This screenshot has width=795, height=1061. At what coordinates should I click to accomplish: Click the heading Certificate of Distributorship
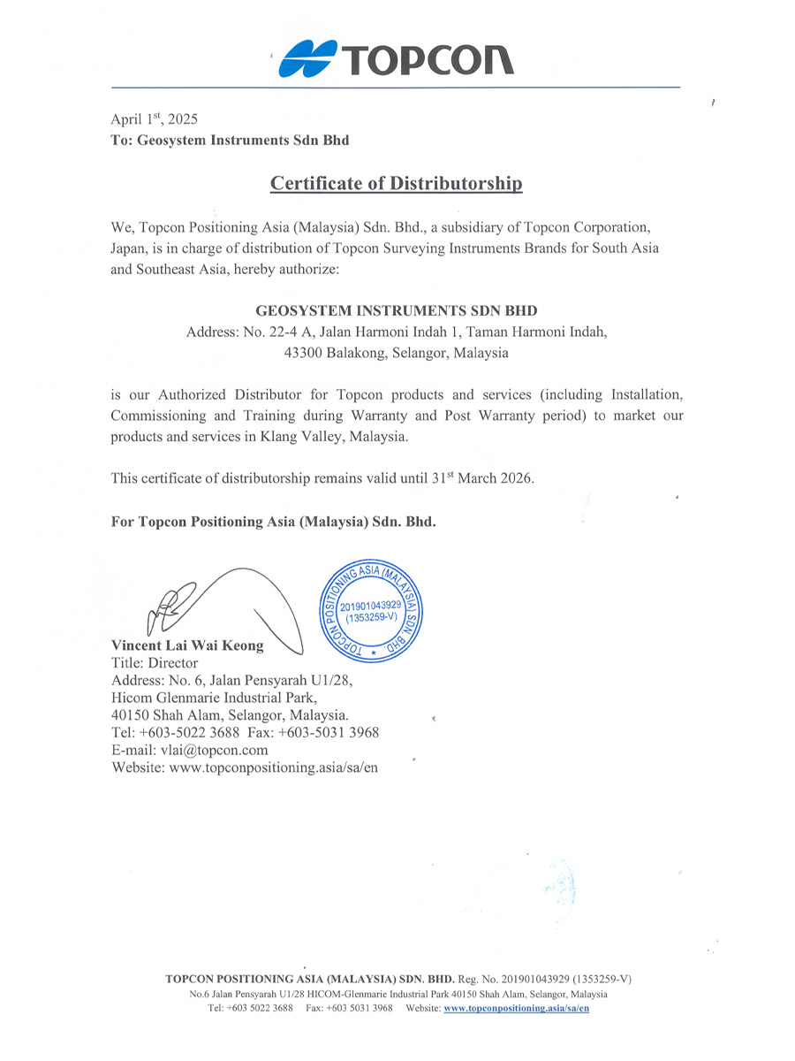[x=396, y=184]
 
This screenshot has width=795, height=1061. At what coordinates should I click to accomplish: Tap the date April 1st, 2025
[x=155, y=118]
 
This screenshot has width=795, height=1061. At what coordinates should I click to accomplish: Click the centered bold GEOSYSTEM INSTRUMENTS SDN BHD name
[x=396, y=311]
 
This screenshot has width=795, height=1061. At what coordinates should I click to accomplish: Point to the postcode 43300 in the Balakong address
[x=302, y=353]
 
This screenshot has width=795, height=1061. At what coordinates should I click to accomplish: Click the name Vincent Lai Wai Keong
[x=187, y=645]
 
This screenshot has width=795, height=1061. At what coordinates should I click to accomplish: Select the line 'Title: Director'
[x=155, y=663]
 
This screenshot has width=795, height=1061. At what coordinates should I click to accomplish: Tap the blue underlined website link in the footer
[x=516, y=1008]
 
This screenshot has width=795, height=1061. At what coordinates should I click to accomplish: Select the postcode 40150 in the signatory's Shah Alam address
[x=130, y=714]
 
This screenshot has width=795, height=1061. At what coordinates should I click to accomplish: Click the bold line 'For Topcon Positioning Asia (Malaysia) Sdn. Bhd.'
[x=274, y=522]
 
